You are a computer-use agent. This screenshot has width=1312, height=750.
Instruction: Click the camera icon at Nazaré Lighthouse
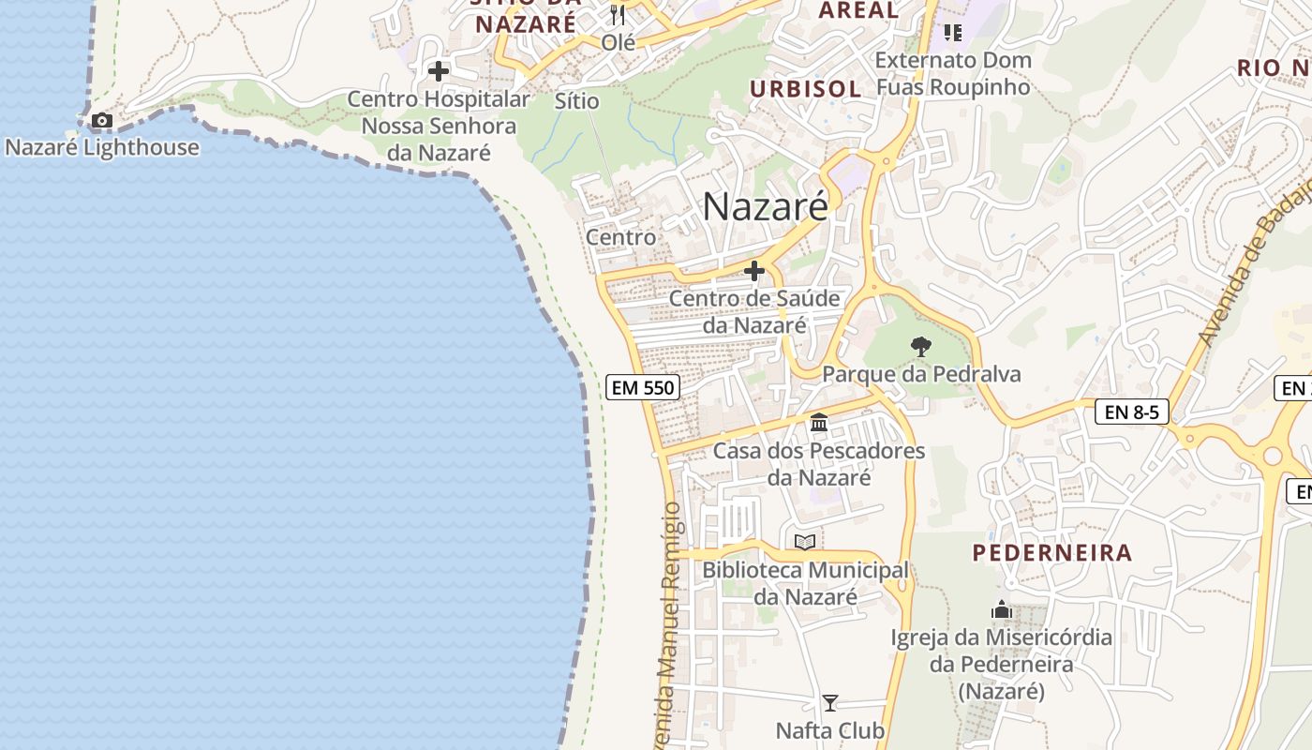pyautogui.click(x=101, y=121)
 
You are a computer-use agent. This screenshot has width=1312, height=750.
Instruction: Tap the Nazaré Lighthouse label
pyautogui.click(x=102, y=147)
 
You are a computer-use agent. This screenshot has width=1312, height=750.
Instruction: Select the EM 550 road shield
pyautogui.click(x=643, y=386)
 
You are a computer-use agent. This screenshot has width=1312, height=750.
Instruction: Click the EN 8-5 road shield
pyautogui.click(x=1131, y=411)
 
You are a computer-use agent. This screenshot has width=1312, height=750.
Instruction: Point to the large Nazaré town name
pyautogui.click(x=765, y=207)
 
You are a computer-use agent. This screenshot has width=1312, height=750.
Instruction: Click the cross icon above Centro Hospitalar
pyautogui.click(x=438, y=71)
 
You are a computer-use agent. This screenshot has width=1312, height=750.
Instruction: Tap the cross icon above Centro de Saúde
pyautogui.click(x=754, y=272)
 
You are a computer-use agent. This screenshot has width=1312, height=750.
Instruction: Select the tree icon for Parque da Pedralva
pyautogui.click(x=921, y=347)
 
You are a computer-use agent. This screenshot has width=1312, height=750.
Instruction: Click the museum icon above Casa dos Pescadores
pyautogui.click(x=819, y=423)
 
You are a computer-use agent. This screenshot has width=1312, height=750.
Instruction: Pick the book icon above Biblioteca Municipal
pyautogui.click(x=805, y=542)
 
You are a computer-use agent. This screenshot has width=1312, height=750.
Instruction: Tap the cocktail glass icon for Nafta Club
pyautogui.click(x=829, y=702)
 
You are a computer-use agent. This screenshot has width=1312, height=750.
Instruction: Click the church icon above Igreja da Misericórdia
pyautogui.click(x=1002, y=610)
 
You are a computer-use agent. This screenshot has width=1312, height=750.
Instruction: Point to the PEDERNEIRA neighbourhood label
pyautogui.click(x=1052, y=552)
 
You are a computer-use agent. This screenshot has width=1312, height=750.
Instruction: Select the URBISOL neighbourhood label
pyautogui.click(x=806, y=89)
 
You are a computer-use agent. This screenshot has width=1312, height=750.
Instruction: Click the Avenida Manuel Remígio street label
pyautogui.click(x=671, y=623)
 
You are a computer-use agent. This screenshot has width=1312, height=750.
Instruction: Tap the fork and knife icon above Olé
pyautogui.click(x=617, y=15)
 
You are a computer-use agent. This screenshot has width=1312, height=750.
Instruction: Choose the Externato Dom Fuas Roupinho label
pyautogui.click(x=953, y=74)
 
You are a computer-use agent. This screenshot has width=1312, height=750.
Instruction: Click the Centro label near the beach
pyautogui.click(x=620, y=237)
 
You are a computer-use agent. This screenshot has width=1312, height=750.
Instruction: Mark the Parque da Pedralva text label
pyautogui.click(x=921, y=374)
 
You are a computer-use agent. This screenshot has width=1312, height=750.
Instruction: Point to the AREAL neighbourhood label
pyautogui.click(x=858, y=11)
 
